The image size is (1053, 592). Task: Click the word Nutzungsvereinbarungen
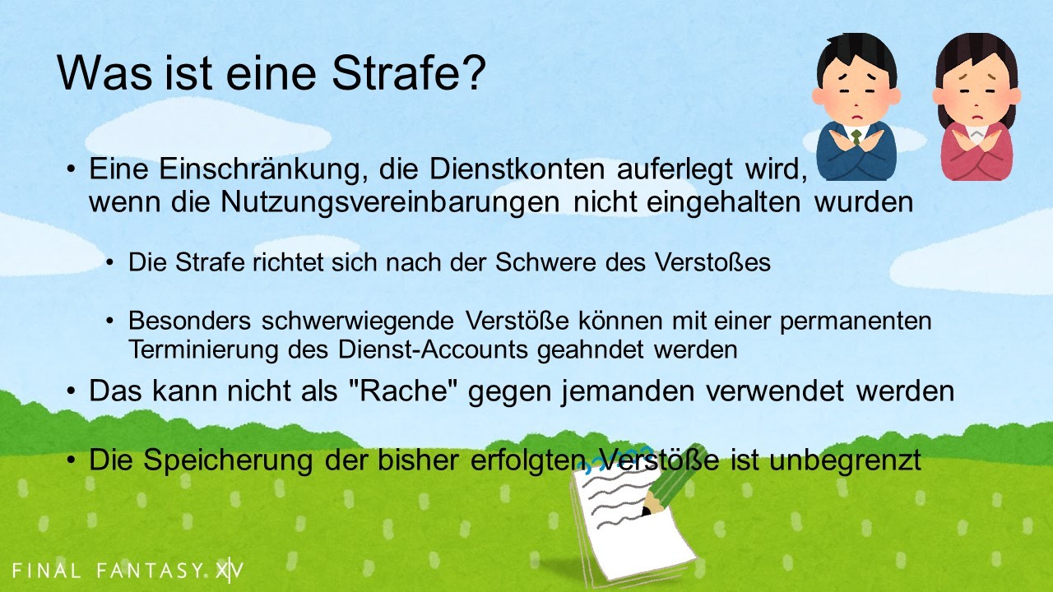coord(390,202)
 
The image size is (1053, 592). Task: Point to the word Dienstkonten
coord(517,169)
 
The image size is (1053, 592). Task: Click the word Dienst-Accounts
coord(433,349)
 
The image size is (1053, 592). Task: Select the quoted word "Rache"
coord(404,391)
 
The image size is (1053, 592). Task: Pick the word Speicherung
coord(228,460)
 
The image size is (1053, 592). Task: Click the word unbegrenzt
coord(845,460)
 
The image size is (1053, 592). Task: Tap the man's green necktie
coord(856,137)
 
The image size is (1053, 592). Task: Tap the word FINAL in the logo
coord(46,571)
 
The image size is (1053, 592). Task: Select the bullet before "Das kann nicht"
coord(71,391)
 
